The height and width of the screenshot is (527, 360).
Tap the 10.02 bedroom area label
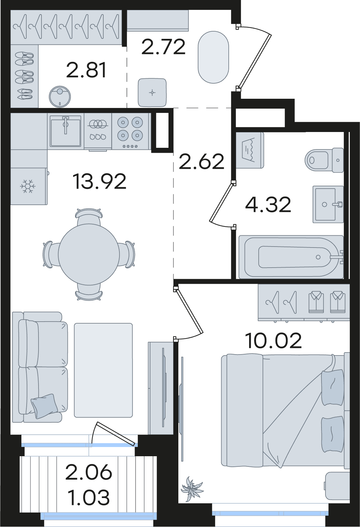point(273,341)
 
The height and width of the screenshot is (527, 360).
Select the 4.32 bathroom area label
point(268,205)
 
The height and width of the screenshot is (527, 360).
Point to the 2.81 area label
point(87,70)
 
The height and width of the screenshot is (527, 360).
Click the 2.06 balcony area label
point(89,472)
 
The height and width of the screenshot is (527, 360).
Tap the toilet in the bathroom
point(324,160)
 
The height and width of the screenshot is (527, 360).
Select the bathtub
point(291,257)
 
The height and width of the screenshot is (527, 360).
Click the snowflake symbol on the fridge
point(28,187)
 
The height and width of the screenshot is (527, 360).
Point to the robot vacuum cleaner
point(60,96)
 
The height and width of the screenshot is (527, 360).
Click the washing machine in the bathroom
point(250,150)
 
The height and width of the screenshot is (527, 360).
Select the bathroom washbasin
point(328,204)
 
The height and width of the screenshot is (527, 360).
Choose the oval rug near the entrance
point(213,57)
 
